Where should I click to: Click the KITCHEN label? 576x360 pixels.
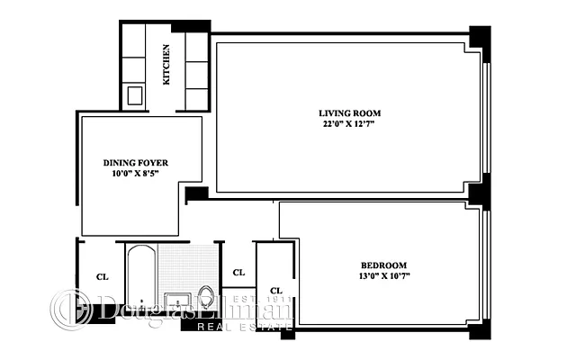[166, 65]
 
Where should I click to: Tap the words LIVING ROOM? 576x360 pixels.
[349, 113]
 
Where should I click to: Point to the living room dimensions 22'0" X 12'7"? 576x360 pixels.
[349, 125]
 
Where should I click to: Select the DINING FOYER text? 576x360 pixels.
[136, 163]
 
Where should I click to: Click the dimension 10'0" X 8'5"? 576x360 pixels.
[136, 174]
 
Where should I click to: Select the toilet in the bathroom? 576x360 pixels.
[206, 296]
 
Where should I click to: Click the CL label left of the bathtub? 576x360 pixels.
[102, 276]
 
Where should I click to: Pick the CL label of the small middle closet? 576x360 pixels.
[238, 272]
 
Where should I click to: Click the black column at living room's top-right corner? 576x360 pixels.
[480, 40]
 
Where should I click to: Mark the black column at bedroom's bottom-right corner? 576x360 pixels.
[480, 330]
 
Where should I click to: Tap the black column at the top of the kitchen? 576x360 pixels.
[190, 26]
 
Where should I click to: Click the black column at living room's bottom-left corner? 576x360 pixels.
[196, 193]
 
